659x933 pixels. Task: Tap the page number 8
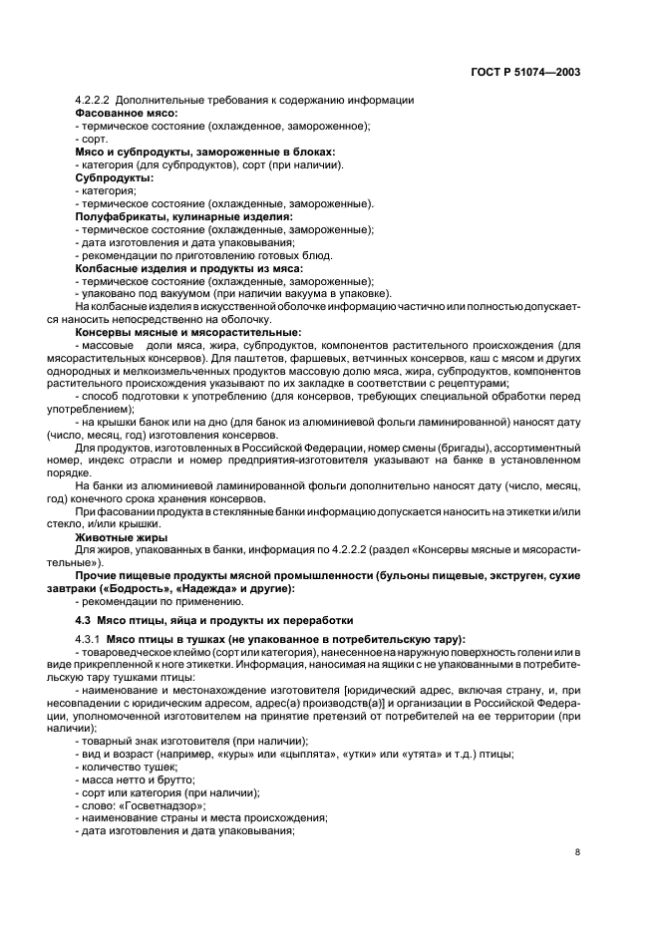(578, 852)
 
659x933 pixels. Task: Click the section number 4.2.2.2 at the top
(98, 100)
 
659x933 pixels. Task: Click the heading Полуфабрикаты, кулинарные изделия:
(183, 216)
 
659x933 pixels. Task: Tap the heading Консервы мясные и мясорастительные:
(188, 333)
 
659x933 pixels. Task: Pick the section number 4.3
(85, 618)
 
